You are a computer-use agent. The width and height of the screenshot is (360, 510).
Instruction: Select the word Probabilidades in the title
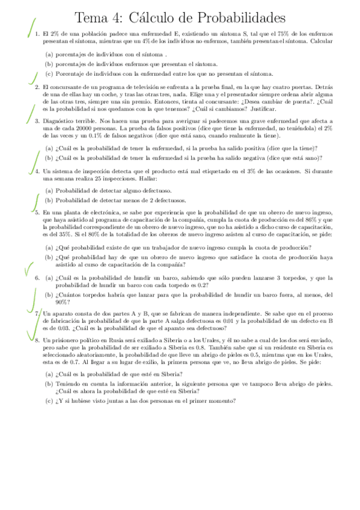[236, 17]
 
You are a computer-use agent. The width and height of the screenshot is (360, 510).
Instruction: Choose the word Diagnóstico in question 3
[59, 120]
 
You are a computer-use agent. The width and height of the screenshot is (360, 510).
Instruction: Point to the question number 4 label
[37, 171]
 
